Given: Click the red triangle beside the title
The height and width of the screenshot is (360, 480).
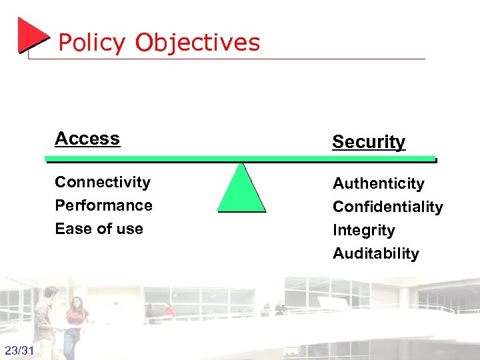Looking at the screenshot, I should pyautogui.click(x=31, y=35).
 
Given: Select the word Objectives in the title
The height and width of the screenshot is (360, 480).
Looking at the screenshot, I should pyautogui.click(x=197, y=43).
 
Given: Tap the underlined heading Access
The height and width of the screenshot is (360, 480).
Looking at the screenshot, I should pyautogui.click(x=87, y=139).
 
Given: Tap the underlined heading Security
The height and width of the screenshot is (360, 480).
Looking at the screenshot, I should pyautogui.click(x=369, y=142).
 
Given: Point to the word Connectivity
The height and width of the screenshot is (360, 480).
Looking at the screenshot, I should pyautogui.click(x=103, y=182).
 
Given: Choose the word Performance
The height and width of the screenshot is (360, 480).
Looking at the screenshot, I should pyautogui.click(x=103, y=205).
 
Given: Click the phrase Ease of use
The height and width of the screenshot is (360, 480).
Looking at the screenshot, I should pyautogui.click(x=99, y=229).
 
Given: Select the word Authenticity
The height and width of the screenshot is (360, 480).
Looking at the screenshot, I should pyautogui.click(x=379, y=183).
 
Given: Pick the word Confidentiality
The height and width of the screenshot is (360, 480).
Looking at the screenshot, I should pyautogui.click(x=387, y=207).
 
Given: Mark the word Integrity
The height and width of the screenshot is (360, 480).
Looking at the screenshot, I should pyautogui.click(x=364, y=231).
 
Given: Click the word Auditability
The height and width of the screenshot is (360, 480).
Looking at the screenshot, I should pyautogui.click(x=376, y=253).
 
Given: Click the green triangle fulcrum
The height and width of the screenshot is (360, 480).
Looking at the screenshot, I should pyautogui.click(x=241, y=190).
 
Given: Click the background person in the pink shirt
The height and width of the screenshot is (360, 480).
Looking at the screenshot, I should pyautogui.click(x=169, y=310).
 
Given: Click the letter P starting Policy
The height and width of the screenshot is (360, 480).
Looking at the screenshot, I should pyautogui.click(x=65, y=43).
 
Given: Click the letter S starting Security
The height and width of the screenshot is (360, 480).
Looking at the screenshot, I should pyautogui.click(x=338, y=142).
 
